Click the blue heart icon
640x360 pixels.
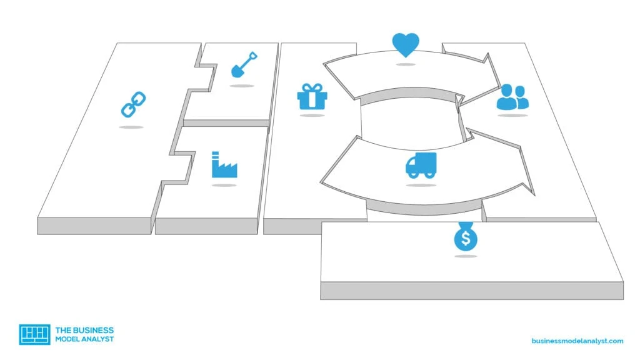click(405, 45)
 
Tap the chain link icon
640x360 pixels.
click(134, 104)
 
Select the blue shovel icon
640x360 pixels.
click(244, 64)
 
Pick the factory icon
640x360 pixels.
click(224, 164)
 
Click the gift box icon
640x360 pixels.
click(312, 96)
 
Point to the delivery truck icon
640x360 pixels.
click(421, 165)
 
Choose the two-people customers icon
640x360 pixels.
click(512, 97)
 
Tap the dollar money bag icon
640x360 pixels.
click(466, 236)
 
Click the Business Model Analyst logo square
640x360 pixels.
click(35, 335)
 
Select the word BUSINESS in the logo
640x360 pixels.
click(91, 330)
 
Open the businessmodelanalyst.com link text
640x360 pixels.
click(577, 341)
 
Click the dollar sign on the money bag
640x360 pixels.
click(466, 238)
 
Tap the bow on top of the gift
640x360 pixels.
click(312, 87)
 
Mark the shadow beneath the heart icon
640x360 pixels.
click(405, 64)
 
